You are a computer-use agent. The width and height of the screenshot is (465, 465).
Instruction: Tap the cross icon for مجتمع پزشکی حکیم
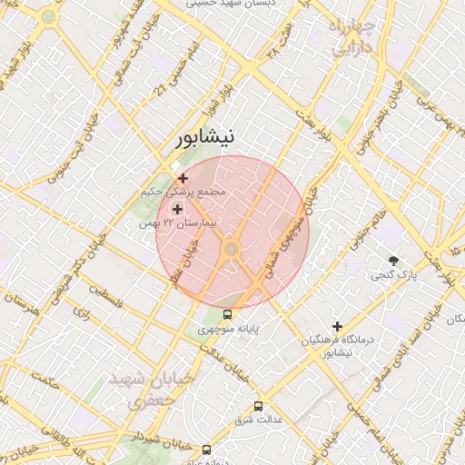point(183,178)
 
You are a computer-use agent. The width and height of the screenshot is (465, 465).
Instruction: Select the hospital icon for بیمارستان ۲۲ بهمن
point(176,208)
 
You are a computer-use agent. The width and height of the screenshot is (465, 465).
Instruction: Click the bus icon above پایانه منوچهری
point(227,314)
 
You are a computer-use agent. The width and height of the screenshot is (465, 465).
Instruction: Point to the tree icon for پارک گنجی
point(393,261)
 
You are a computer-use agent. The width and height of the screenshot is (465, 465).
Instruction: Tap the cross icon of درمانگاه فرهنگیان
point(337,325)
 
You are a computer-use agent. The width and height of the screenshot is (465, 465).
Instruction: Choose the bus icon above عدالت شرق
point(259,406)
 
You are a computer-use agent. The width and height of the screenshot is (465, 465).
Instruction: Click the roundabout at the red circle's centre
point(232,248)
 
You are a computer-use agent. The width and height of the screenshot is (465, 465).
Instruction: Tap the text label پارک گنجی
point(393,274)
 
